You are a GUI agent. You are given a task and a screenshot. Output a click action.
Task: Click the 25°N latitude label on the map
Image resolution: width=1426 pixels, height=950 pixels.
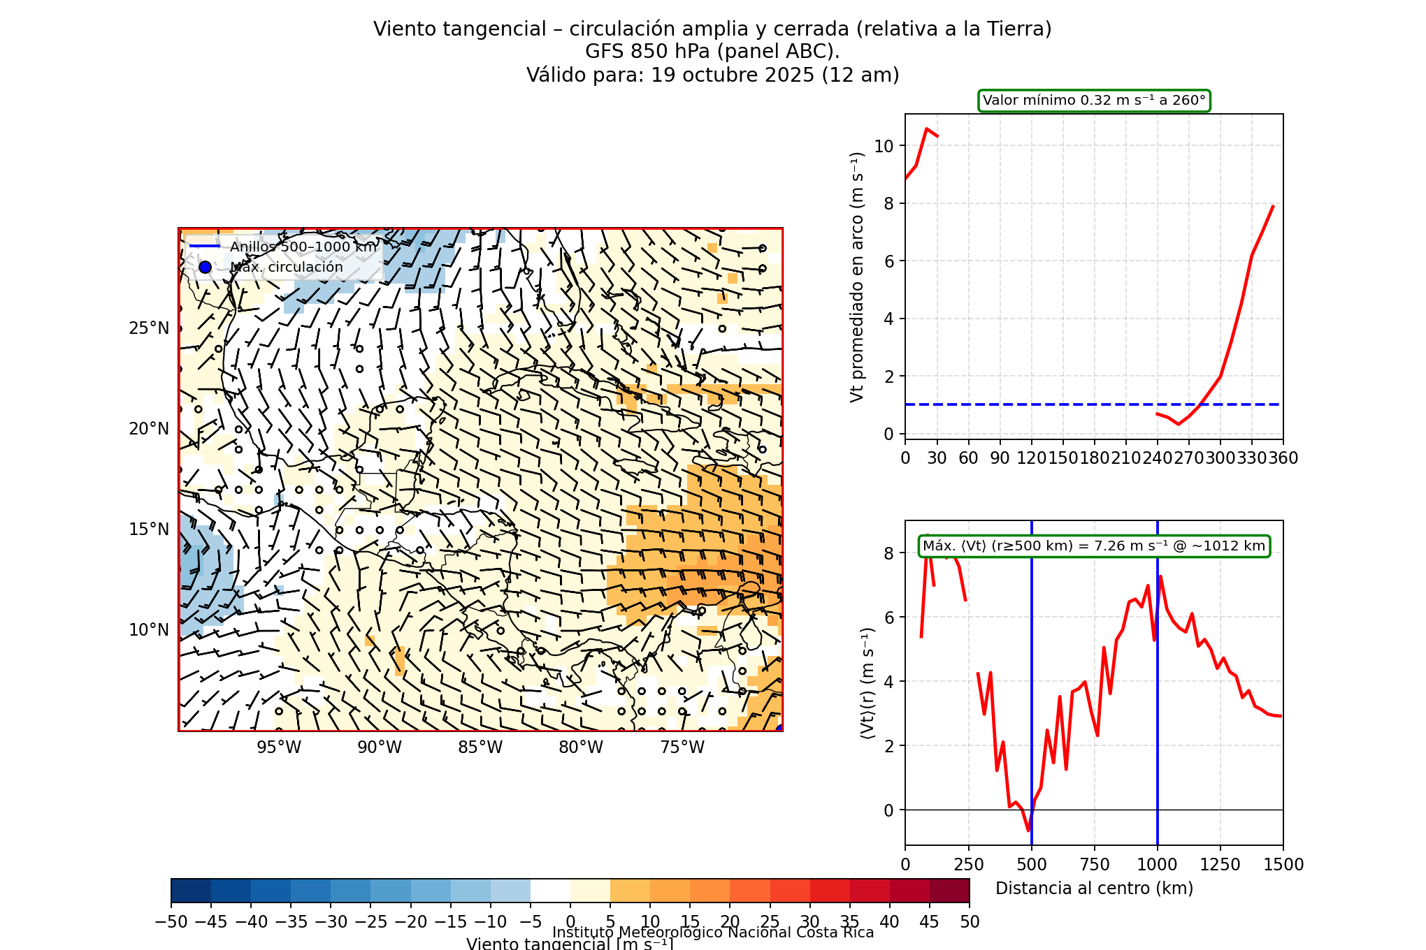point(149,328)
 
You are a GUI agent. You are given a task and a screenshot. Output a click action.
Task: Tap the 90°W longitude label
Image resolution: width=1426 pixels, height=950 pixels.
point(380,747)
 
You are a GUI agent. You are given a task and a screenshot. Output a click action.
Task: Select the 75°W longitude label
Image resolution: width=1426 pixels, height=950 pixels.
point(682,747)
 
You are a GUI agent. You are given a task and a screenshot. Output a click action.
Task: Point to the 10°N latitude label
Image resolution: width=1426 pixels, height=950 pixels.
point(149,630)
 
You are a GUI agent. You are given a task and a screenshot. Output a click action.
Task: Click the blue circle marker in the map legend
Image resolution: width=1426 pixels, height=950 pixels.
point(205,267)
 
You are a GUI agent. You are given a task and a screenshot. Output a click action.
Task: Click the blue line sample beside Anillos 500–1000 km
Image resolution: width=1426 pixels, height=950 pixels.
point(205,247)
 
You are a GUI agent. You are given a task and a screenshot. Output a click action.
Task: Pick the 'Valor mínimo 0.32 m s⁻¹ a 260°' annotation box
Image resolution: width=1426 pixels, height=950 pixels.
point(1094,101)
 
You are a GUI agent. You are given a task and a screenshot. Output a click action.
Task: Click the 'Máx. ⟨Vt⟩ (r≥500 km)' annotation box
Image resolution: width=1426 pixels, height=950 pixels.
point(1094,546)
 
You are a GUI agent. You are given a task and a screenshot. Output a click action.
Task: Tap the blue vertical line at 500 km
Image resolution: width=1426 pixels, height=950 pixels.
point(1032,699)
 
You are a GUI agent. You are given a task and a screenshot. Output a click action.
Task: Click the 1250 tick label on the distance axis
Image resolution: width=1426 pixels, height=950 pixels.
point(1220,865)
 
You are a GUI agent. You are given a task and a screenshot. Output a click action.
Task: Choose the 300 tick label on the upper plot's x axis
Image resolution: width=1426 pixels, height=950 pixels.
point(1220,458)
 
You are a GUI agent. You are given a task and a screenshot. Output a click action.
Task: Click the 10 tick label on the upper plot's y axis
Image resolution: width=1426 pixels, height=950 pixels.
point(884,146)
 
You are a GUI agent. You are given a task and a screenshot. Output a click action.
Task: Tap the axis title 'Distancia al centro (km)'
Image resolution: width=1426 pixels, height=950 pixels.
point(1094,889)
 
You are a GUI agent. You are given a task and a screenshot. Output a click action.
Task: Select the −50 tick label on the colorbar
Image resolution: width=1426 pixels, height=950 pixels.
point(171,922)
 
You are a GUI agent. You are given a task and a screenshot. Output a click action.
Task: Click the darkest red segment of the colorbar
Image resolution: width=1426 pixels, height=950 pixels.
point(949,891)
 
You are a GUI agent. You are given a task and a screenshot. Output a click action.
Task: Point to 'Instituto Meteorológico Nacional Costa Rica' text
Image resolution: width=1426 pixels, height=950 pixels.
point(713,933)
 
